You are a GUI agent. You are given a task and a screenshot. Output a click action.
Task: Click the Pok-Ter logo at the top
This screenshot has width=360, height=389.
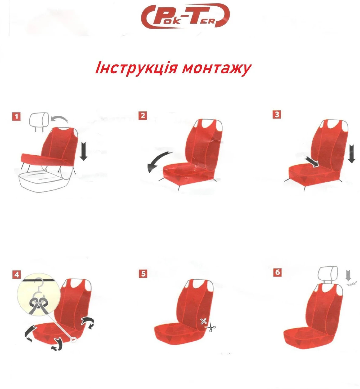pos(185,16)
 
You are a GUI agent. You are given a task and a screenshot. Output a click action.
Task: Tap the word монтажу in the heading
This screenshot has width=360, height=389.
pos(216,69)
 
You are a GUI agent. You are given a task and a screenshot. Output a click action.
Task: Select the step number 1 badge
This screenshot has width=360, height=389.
pos(16,116)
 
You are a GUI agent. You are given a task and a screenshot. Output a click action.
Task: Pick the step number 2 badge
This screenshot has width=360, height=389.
pos(143,115)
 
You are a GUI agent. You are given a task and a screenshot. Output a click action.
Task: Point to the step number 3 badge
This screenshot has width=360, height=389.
pos(277,114)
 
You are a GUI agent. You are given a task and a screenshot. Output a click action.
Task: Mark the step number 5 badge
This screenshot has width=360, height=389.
pos(143,274)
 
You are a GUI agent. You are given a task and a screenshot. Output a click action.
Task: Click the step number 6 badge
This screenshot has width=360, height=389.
pos(278,272)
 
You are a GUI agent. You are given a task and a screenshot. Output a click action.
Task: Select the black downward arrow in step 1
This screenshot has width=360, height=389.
pos(83,151)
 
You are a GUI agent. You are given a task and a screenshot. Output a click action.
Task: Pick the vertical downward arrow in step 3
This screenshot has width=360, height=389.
pos(352,153)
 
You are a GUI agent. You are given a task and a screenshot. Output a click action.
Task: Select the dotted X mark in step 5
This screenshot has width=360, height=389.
pos(203,321)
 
